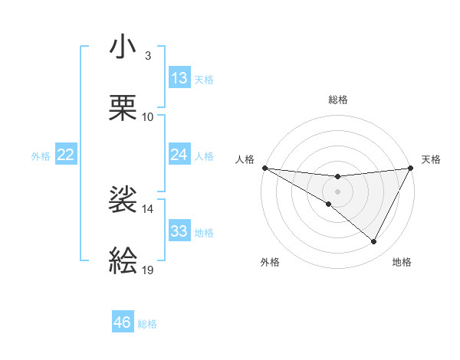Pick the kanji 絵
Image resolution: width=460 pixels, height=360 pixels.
[x=123, y=260]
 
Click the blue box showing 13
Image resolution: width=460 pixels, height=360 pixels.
[x=179, y=78]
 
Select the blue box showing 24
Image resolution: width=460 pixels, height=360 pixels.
[x=179, y=155]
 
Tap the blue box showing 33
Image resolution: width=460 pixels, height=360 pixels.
[x=179, y=231]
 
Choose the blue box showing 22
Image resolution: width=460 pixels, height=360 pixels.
[x=66, y=155]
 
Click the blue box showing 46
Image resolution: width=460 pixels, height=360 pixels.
[x=123, y=322]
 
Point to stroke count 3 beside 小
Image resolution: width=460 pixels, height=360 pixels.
[x=148, y=56]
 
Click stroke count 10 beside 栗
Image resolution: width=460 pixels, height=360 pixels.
[x=148, y=116]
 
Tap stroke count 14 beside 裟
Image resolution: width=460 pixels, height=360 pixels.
[x=148, y=208]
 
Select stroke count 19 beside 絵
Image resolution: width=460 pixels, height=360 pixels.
[x=148, y=270]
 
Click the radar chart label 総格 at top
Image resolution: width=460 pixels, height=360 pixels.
[x=338, y=100]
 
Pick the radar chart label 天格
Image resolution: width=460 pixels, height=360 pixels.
[x=431, y=159]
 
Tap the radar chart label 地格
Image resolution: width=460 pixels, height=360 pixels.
[x=402, y=262]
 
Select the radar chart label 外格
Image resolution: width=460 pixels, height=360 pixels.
[x=270, y=262]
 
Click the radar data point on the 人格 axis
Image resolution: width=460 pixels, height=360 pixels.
[x=264, y=167]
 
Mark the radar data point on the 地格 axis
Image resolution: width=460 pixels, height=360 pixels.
[x=374, y=242]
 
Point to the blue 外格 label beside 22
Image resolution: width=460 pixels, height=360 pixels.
[x=41, y=155]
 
